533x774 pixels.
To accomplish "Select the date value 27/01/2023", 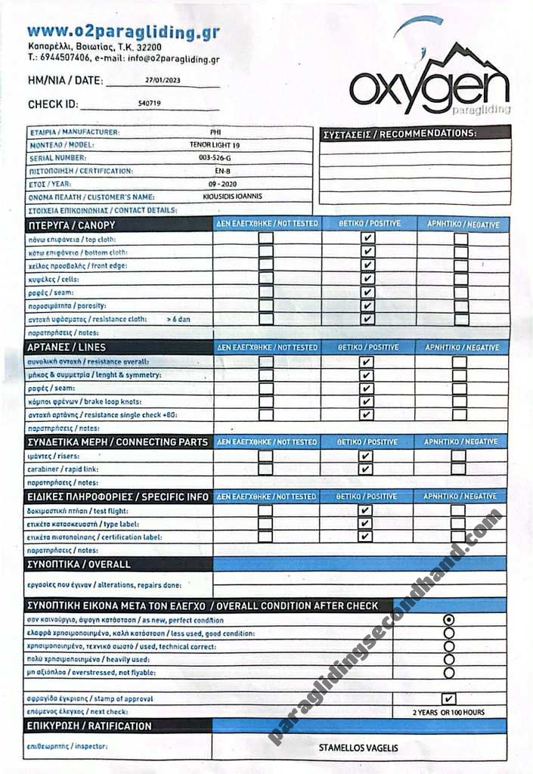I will [163, 80].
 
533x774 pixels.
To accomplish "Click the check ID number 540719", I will [150, 104].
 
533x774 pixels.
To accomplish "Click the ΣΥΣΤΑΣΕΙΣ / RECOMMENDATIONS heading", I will [400, 134].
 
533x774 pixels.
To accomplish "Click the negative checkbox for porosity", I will [461, 306].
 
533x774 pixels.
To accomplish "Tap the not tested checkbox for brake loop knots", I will [265, 401].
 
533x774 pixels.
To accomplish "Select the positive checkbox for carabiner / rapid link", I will [366, 469].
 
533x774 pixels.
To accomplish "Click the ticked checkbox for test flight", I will [366, 510].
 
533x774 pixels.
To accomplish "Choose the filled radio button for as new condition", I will [449, 620].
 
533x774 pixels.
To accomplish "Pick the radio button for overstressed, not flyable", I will [449, 672].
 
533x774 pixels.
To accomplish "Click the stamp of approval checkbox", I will [448, 699].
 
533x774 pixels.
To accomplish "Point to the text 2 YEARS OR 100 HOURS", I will [448, 712].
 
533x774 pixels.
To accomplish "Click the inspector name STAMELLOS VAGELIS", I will [358, 748].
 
